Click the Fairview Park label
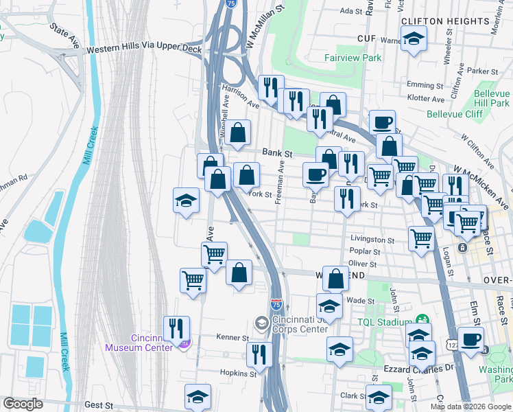coord(353,58)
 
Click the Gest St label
coord(97,405)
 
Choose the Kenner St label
coord(234,338)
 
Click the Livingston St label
coord(372,240)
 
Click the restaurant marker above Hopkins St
coord(259,354)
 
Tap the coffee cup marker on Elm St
coord(470,339)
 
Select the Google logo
coord(23,404)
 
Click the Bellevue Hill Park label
coord(491,98)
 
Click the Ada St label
coord(350,12)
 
